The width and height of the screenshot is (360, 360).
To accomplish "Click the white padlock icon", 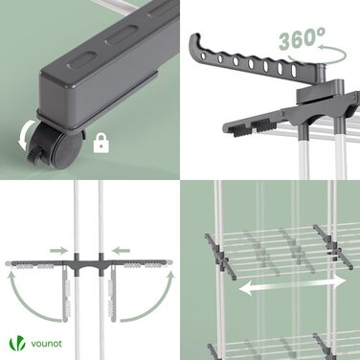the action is coord(101,143).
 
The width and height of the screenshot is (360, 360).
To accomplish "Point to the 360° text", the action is coord(302,38).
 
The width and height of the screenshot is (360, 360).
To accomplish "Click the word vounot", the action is coord(46,344).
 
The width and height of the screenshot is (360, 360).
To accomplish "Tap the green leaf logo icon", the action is coord(17,343).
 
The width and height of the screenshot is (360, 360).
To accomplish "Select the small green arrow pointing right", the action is coord(59,251).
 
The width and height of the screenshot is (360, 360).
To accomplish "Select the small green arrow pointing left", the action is coord(121,251).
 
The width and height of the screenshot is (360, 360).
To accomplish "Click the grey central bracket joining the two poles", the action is coord(89,264).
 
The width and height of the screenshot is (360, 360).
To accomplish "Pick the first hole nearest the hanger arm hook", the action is coord(203,56).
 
